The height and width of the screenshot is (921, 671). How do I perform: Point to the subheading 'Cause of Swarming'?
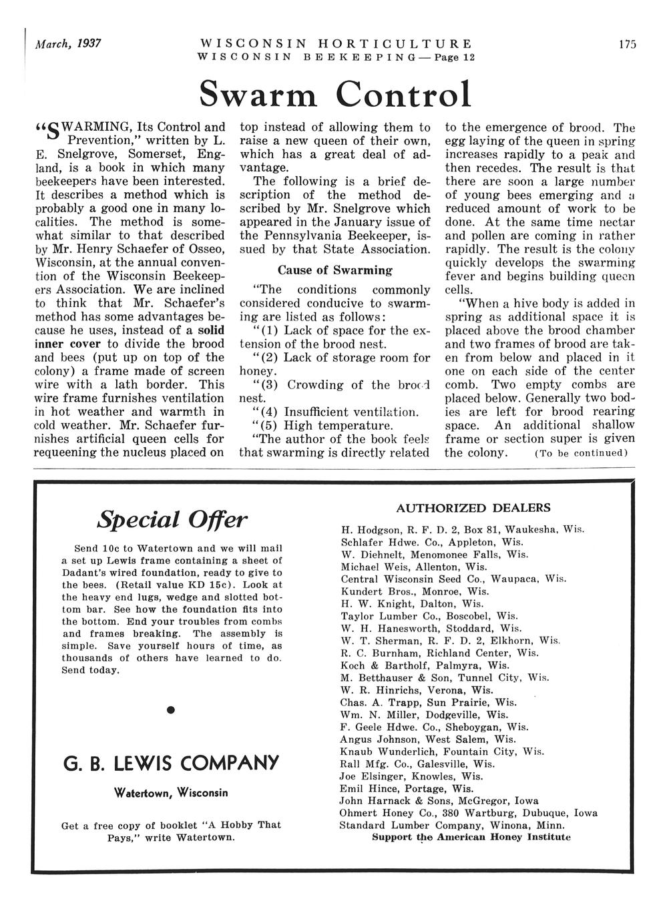point(334,270)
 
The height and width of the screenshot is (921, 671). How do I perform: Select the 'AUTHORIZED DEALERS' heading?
point(473,508)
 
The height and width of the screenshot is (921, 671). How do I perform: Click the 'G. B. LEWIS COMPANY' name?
point(172,763)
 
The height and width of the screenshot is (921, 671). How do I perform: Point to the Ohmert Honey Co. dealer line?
point(468,814)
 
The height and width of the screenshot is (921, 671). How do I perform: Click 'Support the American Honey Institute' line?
point(471,837)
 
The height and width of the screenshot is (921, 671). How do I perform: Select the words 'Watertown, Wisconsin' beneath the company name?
point(172,793)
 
